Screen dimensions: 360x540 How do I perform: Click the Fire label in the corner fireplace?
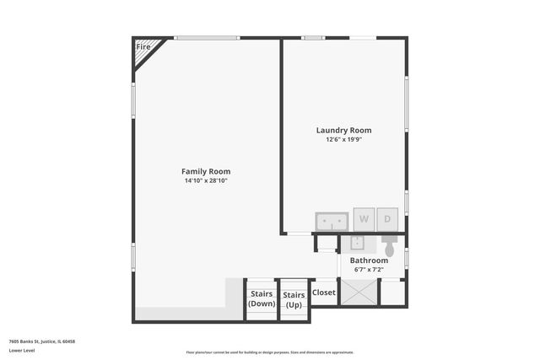tap(143, 47)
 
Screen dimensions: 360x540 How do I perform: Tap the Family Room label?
tap(206, 171)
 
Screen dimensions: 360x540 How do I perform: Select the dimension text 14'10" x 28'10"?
tap(206, 180)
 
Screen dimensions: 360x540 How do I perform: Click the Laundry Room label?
tap(343, 130)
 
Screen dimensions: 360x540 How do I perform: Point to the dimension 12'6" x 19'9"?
tap(343, 139)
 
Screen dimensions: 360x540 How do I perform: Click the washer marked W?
tap(364, 219)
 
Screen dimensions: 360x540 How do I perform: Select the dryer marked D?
tap(387, 219)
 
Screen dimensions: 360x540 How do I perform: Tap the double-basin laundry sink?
tap(332, 221)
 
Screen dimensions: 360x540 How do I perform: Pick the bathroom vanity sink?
tap(356, 243)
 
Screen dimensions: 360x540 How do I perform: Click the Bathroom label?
tap(369, 261)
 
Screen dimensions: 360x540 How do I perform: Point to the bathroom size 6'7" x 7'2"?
tap(369, 270)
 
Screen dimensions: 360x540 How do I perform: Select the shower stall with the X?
tap(358, 293)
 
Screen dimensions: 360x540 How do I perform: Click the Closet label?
tap(324, 293)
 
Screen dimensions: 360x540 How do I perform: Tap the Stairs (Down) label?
tap(262, 298)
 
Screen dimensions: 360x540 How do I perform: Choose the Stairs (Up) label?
tap(294, 298)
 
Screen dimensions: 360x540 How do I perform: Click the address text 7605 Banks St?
tap(42, 341)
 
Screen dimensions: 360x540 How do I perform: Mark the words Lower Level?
tap(21, 350)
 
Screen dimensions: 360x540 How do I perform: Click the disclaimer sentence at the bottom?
tap(271, 352)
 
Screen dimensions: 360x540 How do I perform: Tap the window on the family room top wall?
tap(207, 37)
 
